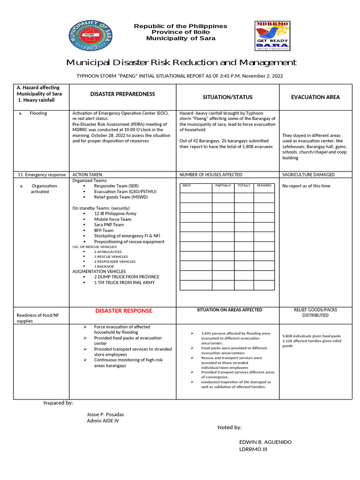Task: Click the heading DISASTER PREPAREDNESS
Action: (x=122, y=94)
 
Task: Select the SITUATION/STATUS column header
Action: (x=227, y=97)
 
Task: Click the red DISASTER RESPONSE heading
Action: (x=124, y=311)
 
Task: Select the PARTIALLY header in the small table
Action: (x=223, y=186)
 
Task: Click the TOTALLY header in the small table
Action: (x=244, y=186)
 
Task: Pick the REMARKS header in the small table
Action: (x=264, y=186)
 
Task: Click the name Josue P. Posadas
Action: (x=105, y=414)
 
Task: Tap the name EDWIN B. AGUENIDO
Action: (x=265, y=442)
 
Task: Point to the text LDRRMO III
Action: (x=253, y=450)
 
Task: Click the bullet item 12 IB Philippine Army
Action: (x=115, y=214)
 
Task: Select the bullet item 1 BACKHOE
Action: (x=104, y=266)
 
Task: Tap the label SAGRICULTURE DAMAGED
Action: (x=308, y=174)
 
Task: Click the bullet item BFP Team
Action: (x=104, y=231)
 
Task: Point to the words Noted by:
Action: (x=229, y=427)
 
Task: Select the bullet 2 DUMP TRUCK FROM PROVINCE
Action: (x=127, y=277)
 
